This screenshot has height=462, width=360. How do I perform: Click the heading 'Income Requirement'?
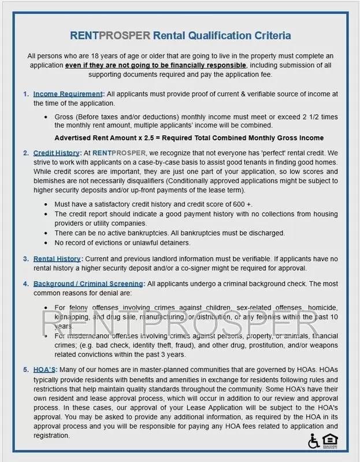68,94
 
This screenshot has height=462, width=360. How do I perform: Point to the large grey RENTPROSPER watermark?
180,322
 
